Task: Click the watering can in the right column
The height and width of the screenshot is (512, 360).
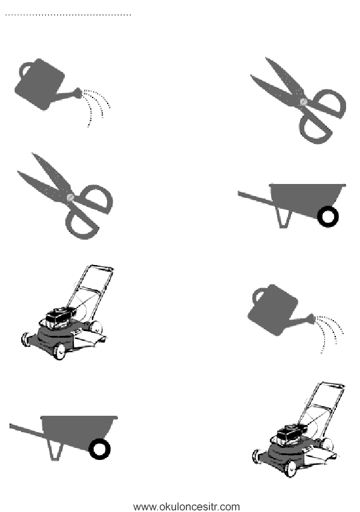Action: (274, 310)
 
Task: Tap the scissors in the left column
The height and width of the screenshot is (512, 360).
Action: (65, 196)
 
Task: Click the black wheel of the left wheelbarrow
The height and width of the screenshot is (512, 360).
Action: (100, 449)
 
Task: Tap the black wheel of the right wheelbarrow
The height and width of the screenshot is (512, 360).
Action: (328, 217)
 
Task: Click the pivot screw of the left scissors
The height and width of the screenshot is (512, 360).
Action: (70, 197)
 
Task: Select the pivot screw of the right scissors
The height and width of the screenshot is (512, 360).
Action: (304, 102)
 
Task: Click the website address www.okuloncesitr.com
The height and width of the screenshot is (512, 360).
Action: (187, 507)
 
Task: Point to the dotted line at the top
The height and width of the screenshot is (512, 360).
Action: (68, 15)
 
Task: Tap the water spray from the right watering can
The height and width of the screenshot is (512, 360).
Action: (328, 333)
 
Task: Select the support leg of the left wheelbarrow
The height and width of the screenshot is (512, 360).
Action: (56, 450)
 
